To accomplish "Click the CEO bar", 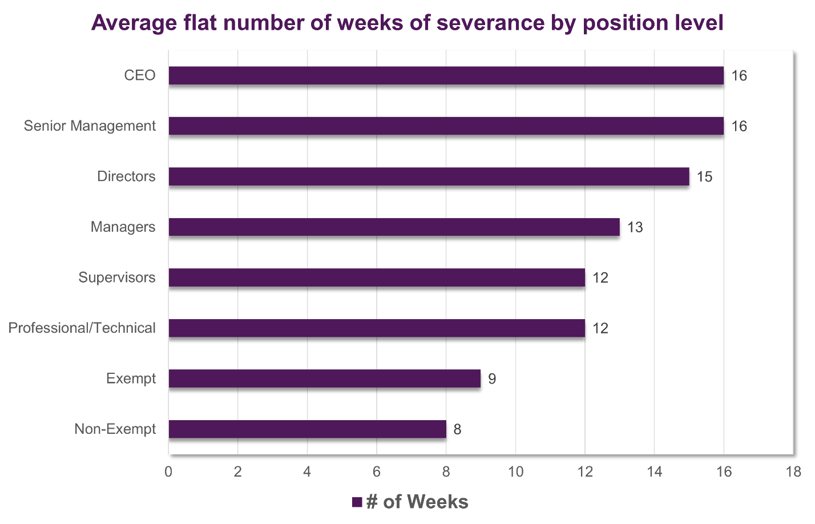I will (x=446, y=75).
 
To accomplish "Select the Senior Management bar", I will (x=446, y=126).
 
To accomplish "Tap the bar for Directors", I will (x=429, y=176).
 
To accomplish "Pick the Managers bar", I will (x=394, y=227).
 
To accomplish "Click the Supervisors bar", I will (x=377, y=277).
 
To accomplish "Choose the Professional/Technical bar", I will (x=377, y=328).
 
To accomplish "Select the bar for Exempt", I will (x=325, y=378).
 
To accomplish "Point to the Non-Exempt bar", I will (x=308, y=429).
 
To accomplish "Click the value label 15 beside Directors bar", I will (x=704, y=176).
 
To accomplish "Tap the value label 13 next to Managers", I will (x=635, y=227).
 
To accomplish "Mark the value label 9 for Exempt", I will (x=491, y=378).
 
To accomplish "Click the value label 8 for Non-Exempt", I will (x=457, y=429).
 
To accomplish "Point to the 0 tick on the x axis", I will (x=168, y=471).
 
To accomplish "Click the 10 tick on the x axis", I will (x=516, y=471).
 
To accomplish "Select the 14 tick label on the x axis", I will (x=655, y=471).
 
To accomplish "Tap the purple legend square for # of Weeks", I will (x=357, y=502).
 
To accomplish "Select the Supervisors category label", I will (x=117, y=277).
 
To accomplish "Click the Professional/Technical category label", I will (x=82, y=328).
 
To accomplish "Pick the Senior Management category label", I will (x=90, y=126).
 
